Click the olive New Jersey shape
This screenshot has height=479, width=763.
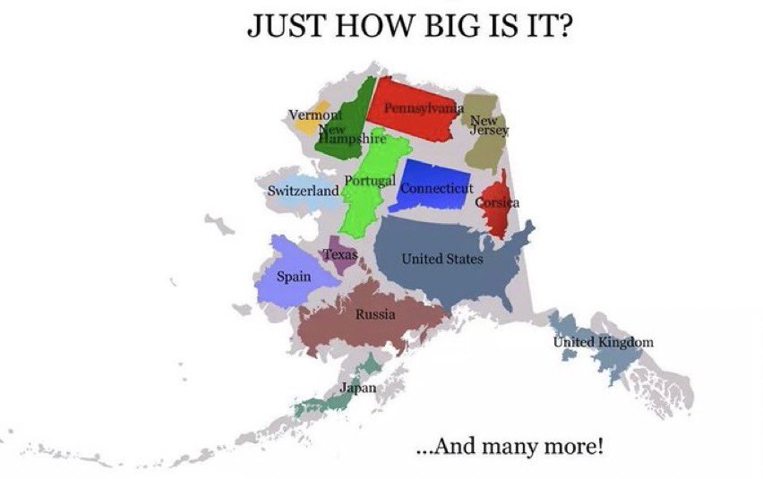(485, 148)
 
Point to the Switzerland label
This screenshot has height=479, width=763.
(304, 191)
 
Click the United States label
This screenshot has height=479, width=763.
(442, 260)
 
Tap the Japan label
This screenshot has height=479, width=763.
(357, 388)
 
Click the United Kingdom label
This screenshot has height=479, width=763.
(603, 342)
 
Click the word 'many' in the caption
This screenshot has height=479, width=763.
(530, 444)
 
